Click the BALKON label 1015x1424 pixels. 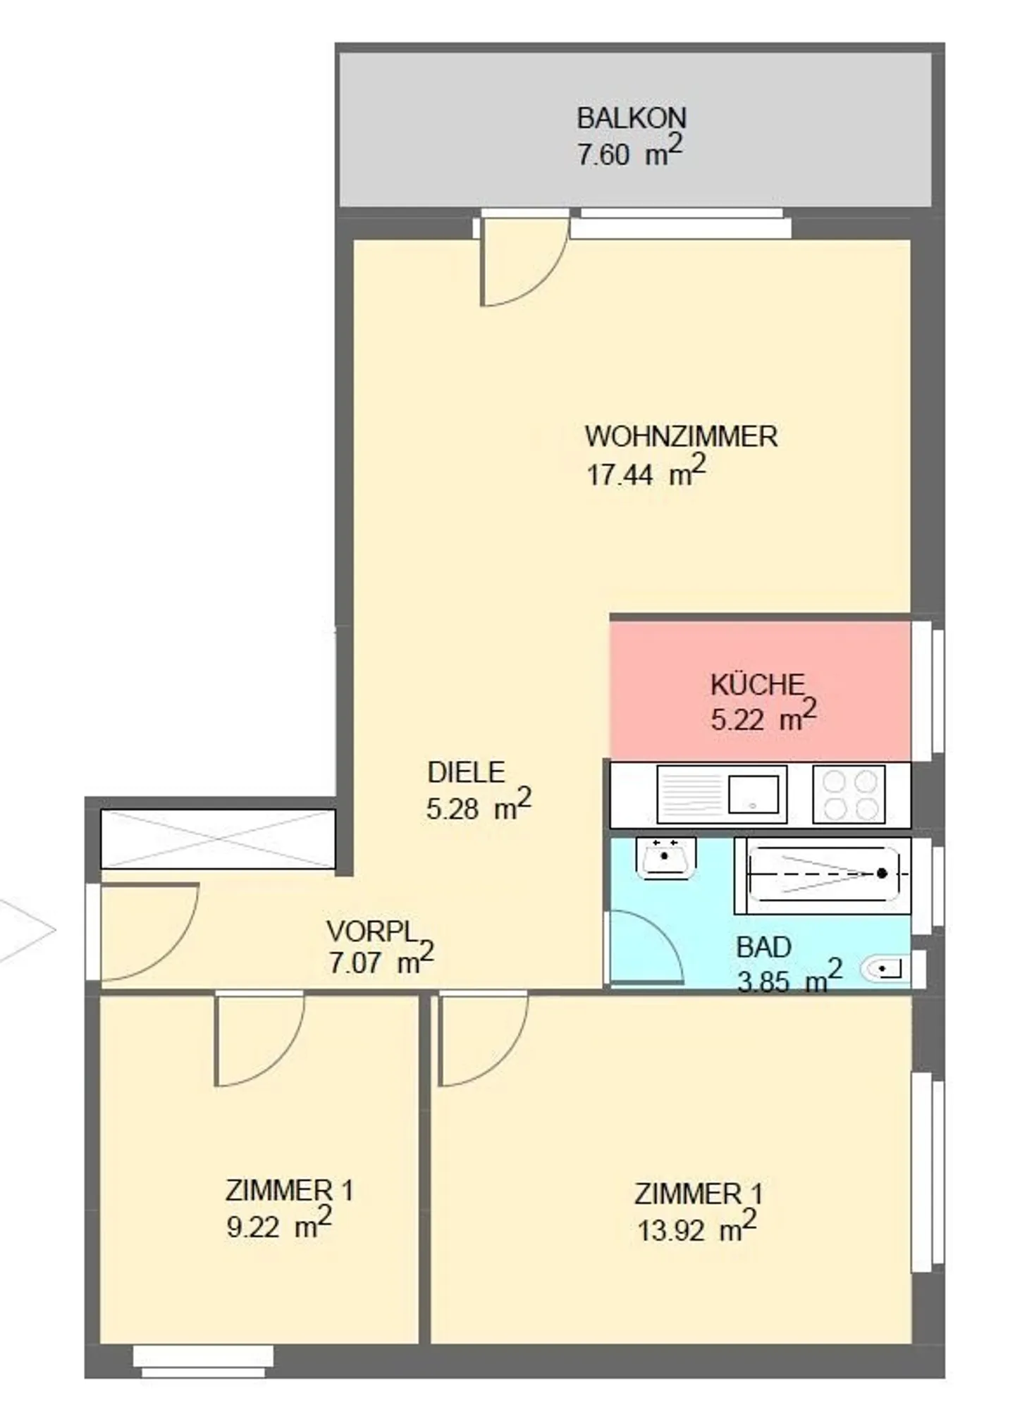(x=631, y=118)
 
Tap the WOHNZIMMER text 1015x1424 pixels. (x=681, y=437)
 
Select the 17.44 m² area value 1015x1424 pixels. (x=646, y=471)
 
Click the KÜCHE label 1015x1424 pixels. (x=757, y=685)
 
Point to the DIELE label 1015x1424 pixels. (x=466, y=772)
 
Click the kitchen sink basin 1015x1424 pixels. (x=753, y=794)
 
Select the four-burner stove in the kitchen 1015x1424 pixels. (x=849, y=794)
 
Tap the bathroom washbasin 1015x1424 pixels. (x=665, y=858)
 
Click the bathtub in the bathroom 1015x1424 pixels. (x=823, y=874)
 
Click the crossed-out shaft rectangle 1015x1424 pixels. (x=218, y=838)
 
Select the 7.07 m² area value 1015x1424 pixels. (x=381, y=960)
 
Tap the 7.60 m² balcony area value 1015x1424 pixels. (x=630, y=151)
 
